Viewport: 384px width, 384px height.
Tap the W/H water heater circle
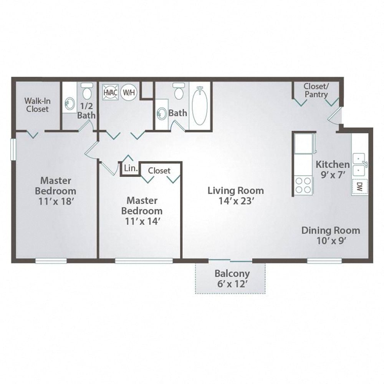pyautogui.click(x=128, y=92)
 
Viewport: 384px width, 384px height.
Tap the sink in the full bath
pyautogui.click(x=162, y=113)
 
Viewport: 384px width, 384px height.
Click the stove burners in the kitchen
pyautogui.click(x=303, y=185)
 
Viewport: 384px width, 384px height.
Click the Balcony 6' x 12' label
pyautogui.click(x=232, y=279)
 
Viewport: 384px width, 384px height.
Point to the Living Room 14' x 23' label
pyautogui.click(x=236, y=195)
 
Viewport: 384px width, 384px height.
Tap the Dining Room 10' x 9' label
pyautogui.click(x=331, y=235)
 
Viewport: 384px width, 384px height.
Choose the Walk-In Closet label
pyautogui.click(x=37, y=105)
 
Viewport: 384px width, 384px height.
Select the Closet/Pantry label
pyautogui.click(x=316, y=90)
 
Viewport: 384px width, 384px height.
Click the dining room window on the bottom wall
pyautogui.click(x=324, y=261)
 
